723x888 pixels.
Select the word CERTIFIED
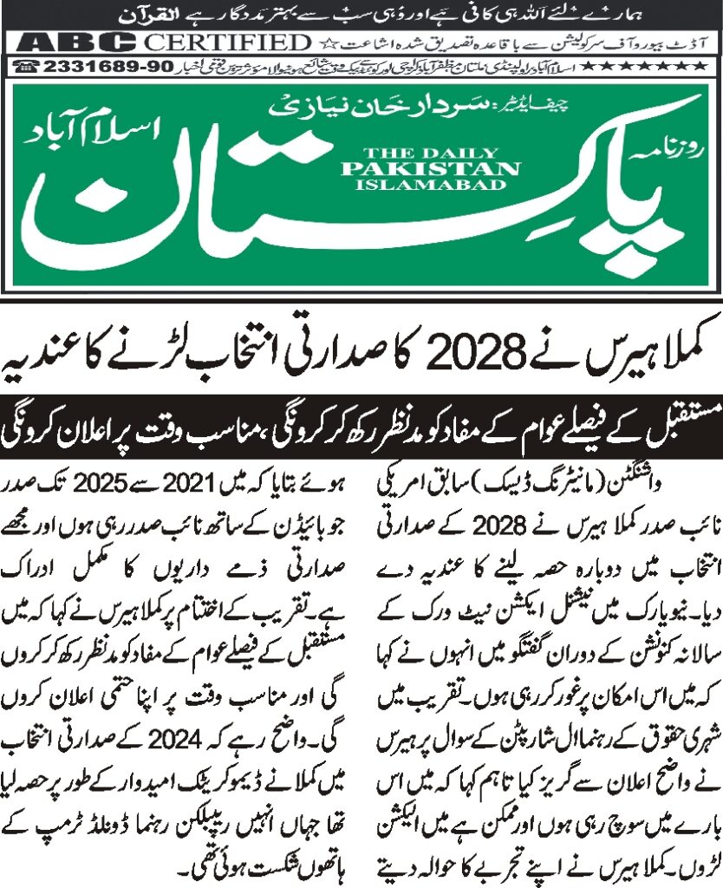(227, 42)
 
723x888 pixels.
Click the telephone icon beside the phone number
(26, 66)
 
